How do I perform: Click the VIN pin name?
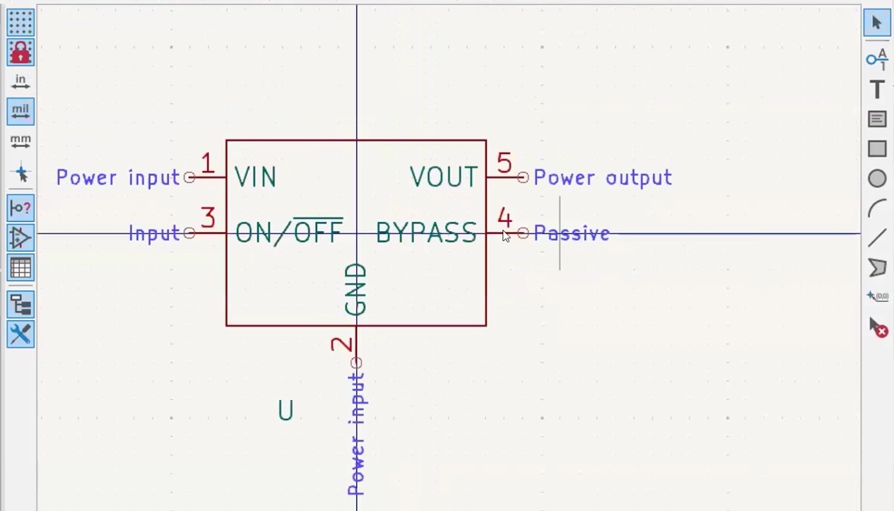click(x=255, y=177)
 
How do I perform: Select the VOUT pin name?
click(x=444, y=177)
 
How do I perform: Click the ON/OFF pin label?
click(x=288, y=232)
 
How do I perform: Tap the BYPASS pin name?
click(x=426, y=233)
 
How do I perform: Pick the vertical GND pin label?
click(x=356, y=290)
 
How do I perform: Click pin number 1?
click(x=207, y=164)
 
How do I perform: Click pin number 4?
click(x=504, y=218)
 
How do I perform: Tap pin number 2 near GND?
click(x=342, y=344)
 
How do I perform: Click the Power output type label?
click(x=602, y=177)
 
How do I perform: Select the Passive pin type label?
click(x=571, y=233)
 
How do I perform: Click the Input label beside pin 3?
click(x=154, y=233)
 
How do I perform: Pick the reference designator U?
click(x=286, y=411)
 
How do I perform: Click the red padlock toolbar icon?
click(x=20, y=52)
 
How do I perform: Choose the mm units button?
click(x=20, y=141)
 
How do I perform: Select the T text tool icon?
click(x=877, y=90)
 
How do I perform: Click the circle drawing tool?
click(x=877, y=179)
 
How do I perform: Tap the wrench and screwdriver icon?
click(x=20, y=334)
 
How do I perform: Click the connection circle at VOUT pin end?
click(x=523, y=177)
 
